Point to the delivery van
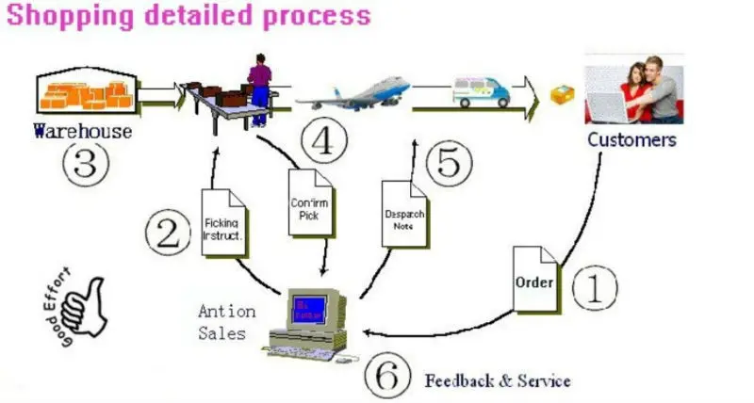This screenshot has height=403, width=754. coord(481,91)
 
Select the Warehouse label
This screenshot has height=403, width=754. coord(83,132)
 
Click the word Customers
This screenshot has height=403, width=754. coord(631,140)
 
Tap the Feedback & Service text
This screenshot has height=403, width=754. coord(498,380)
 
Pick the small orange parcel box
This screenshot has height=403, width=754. coord(562,93)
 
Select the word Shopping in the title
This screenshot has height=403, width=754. coord(67,16)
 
